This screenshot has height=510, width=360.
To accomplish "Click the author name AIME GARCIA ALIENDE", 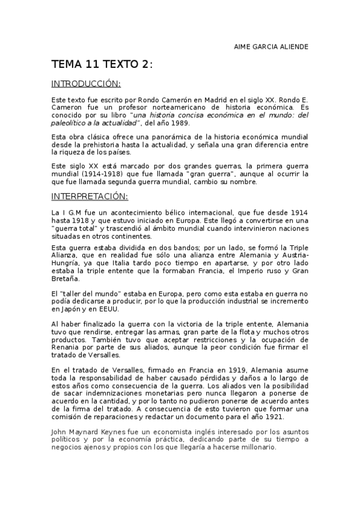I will (x=270, y=46).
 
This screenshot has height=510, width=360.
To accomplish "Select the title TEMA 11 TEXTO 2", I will (x=102, y=65).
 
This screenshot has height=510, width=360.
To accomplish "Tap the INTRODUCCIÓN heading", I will (x=86, y=84).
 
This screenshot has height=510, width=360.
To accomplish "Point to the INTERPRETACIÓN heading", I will (x=90, y=196).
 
